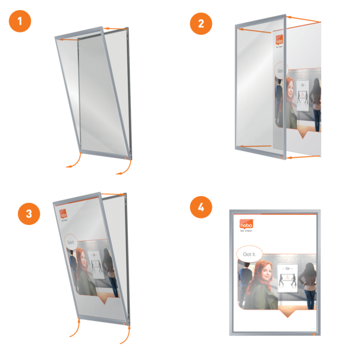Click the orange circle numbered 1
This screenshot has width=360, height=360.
[x=20, y=24]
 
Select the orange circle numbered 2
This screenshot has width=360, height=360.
[x=201, y=24]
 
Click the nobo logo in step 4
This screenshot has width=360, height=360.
[x=247, y=224]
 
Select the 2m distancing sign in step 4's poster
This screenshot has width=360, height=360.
[x=289, y=277]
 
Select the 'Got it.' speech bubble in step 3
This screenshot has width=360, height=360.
[x=70, y=242]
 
